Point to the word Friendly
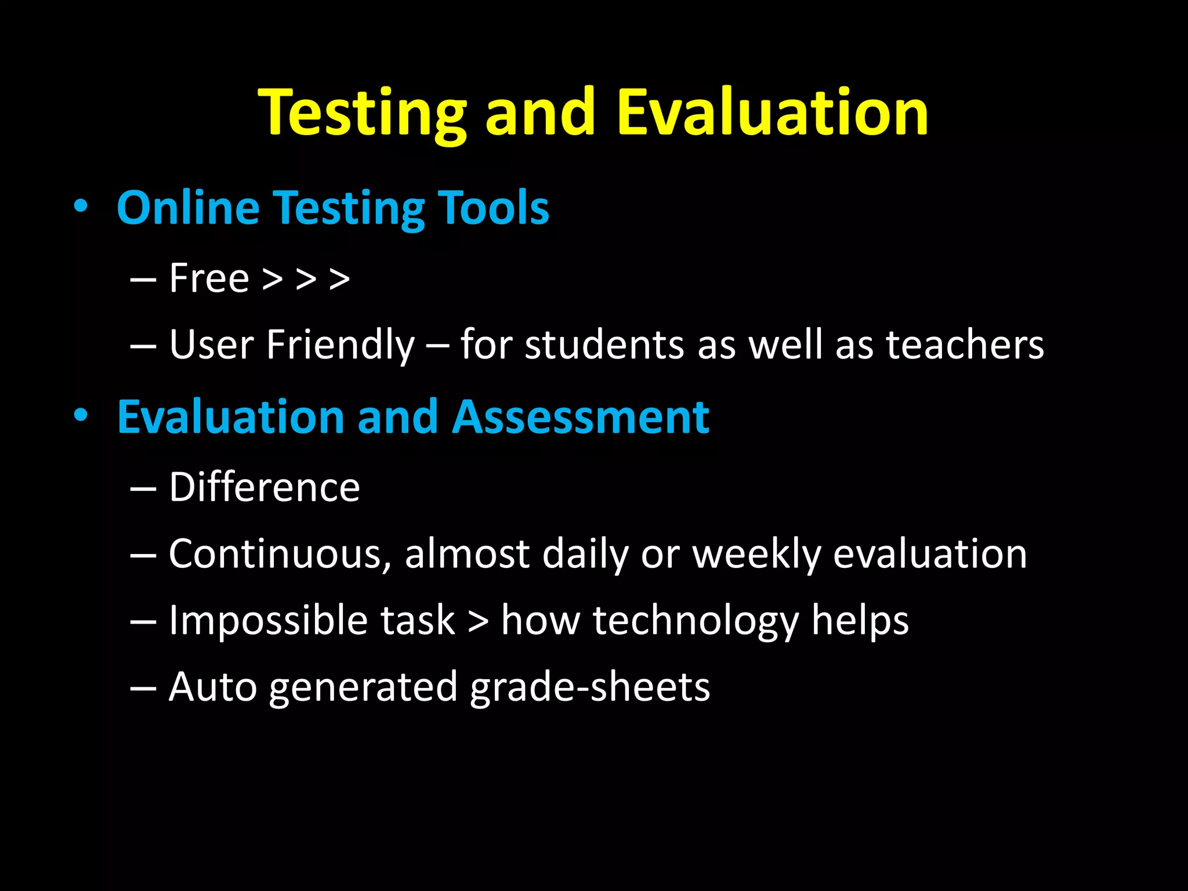(341, 345)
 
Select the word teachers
(965, 345)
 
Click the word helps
(860, 621)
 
